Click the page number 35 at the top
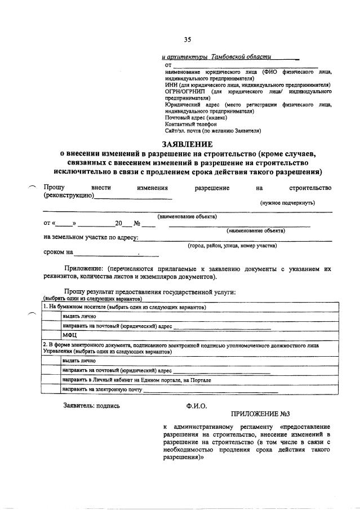coord(188,39)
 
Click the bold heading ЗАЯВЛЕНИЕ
coord(188,144)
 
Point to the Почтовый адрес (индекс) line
coord(196,118)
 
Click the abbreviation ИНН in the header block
coord(171,85)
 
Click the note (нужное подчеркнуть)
coord(287,202)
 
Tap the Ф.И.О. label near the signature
coord(197,405)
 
